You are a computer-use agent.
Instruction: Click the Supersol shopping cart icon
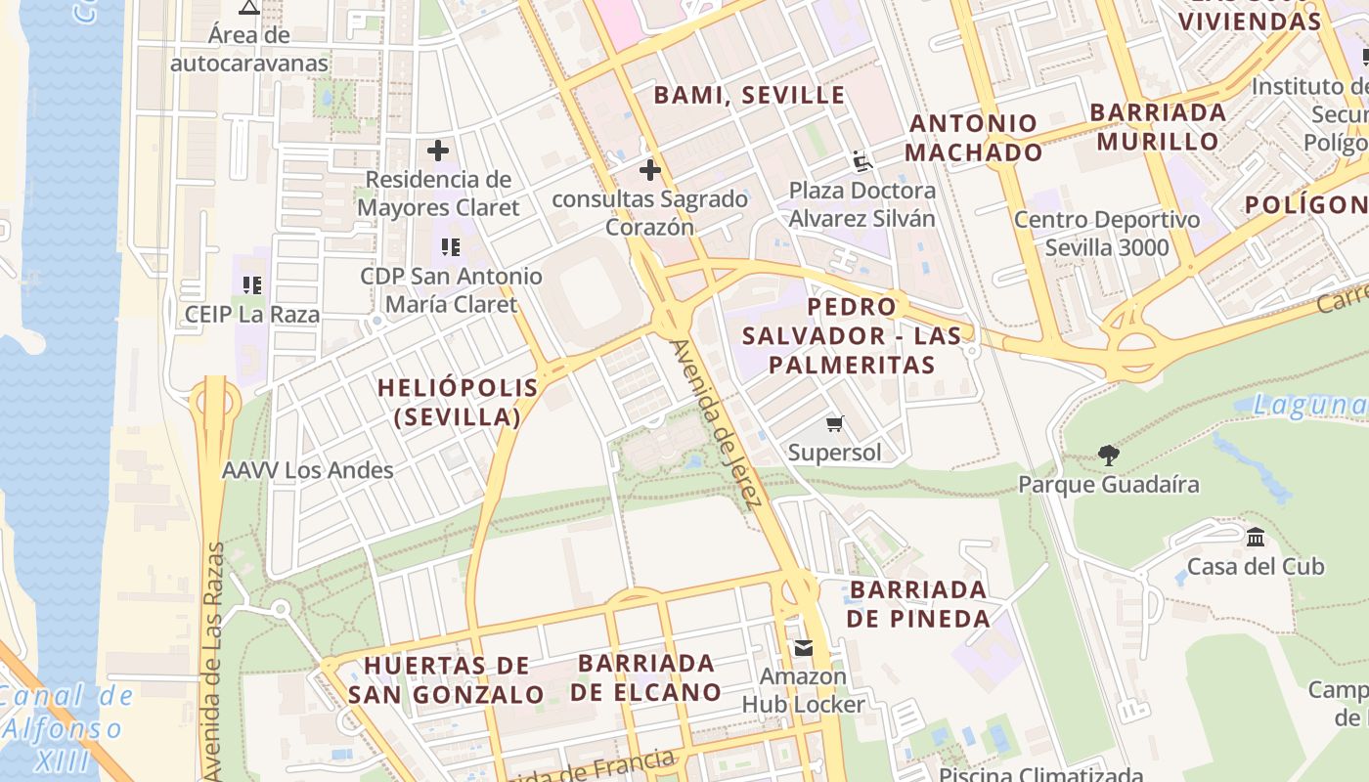[x=834, y=423]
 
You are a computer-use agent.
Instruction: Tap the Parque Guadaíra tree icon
[x=1108, y=455]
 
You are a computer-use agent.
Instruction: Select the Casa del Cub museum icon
[x=1256, y=537]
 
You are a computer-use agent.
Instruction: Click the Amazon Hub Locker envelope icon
[x=803, y=647]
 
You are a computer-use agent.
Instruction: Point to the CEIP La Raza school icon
[x=252, y=285]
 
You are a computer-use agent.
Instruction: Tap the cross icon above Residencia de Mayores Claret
[x=438, y=151]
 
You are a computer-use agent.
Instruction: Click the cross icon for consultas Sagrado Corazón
[x=649, y=171]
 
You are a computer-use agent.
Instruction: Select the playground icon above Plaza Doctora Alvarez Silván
[x=861, y=161]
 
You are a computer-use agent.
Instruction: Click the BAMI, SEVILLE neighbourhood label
[x=749, y=95]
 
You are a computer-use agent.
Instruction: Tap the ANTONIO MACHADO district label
[x=973, y=138]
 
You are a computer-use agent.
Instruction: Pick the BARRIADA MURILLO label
[x=1158, y=126]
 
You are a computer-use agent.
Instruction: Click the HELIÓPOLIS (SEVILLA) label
[x=458, y=402]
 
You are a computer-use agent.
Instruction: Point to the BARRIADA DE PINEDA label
[x=918, y=604]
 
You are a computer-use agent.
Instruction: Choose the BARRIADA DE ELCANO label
[x=646, y=677]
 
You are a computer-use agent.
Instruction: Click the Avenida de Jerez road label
[x=715, y=424]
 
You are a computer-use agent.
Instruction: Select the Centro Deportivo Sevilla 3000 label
[x=1106, y=233]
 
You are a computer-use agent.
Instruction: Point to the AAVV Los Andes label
[x=308, y=470]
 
